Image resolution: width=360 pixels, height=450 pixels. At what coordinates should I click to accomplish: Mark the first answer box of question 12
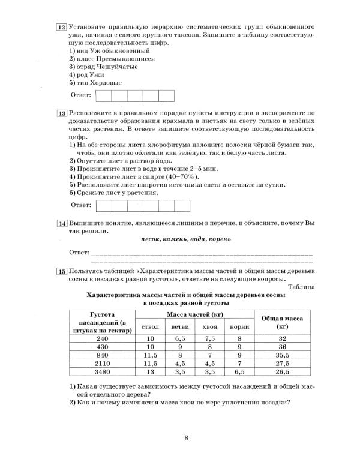coord(103,96)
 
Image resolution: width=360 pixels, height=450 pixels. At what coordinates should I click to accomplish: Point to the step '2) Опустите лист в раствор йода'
coord(121,161)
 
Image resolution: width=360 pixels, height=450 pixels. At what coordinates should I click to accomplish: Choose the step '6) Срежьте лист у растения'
coord(115,193)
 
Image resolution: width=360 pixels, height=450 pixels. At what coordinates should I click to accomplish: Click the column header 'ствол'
coord(151,326)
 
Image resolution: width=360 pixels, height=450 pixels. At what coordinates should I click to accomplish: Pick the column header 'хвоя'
coord(209,326)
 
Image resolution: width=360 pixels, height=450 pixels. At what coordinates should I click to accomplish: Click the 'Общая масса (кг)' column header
coord(283,323)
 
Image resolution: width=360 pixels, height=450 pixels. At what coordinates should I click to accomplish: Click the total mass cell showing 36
coord(283,347)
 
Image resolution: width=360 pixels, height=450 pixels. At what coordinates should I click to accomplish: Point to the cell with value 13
coord(151,372)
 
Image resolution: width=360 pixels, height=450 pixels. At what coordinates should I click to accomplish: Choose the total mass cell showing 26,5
coord(283,372)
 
